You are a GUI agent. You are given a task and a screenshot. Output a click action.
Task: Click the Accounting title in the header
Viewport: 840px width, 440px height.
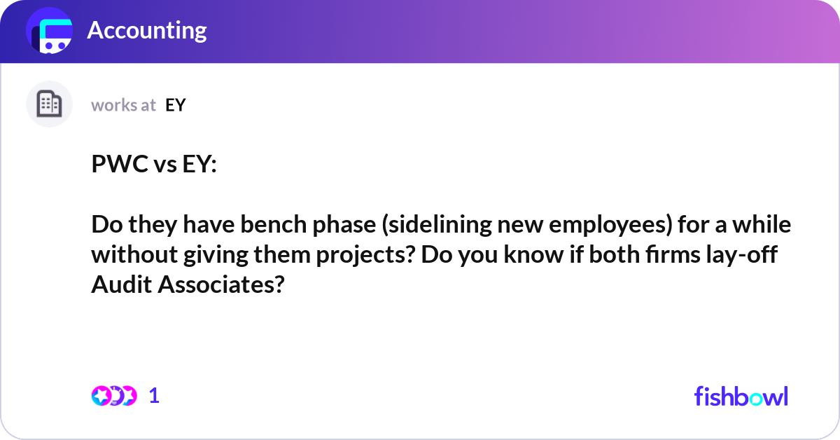click(x=146, y=30)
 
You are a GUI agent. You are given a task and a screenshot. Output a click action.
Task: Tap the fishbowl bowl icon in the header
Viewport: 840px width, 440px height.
click(x=49, y=32)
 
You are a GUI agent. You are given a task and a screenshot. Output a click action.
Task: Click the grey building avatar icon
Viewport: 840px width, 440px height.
click(x=49, y=104)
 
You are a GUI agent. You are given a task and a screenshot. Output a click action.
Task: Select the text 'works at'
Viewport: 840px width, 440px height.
click(x=123, y=105)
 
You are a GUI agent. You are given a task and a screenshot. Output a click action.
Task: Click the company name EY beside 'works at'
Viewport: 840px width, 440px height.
click(x=176, y=105)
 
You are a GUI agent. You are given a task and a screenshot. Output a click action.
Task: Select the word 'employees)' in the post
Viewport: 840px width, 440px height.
click(x=584, y=226)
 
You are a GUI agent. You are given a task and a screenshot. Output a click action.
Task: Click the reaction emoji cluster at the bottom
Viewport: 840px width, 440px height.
click(x=113, y=396)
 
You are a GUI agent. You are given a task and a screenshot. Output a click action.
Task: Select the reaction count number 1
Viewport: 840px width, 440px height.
click(x=154, y=396)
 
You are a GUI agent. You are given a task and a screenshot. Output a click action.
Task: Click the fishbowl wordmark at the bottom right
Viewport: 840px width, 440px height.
click(x=741, y=396)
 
